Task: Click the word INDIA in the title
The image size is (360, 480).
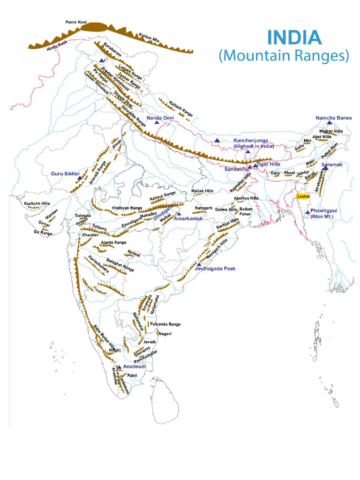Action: click(294, 37)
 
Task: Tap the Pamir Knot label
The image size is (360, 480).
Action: click(79, 22)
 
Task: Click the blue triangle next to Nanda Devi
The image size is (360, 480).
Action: click(157, 122)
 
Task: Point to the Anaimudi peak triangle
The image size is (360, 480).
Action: click(119, 367)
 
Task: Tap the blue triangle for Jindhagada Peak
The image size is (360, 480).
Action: click(199, 265)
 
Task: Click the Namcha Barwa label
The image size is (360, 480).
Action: click(333, 118)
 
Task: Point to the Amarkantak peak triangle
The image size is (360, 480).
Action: click(179, 214)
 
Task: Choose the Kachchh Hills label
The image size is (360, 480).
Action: click(37, 203)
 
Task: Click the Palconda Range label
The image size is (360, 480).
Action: click(165, 324)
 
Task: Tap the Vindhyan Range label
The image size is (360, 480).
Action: click(127, 208)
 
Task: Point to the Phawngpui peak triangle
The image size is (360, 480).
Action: click(307, 212)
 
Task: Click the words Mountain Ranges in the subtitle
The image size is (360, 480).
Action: click(284, 55)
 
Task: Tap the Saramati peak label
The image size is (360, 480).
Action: click(332, 165)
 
